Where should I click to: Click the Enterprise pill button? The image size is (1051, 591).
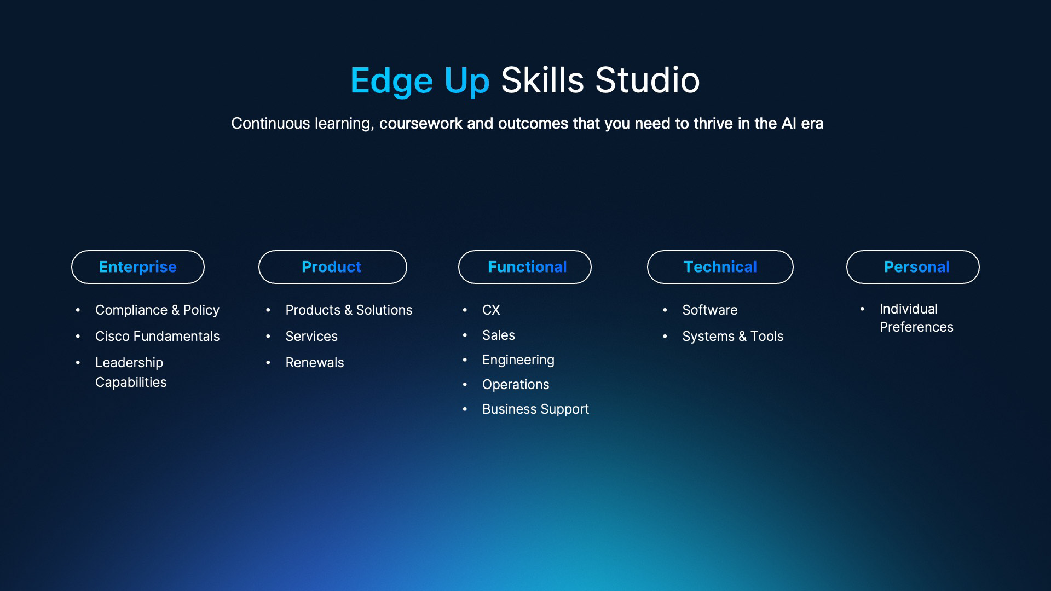tap(138, 267)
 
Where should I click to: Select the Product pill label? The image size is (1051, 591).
tap(333, 267)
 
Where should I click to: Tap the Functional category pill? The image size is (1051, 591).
tap(525, 267)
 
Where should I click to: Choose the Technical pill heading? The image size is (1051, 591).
tap(720, 267)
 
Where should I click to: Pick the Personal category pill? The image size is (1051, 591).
tap(913, 267)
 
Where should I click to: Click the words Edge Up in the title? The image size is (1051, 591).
tap(420, 81)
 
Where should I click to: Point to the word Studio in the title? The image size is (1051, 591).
tap(648, 80)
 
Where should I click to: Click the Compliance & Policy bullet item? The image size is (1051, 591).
tap(157, 310)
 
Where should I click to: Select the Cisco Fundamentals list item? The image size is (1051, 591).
tap(157, 336)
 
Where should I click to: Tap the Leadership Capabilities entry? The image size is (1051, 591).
tap(130, 372)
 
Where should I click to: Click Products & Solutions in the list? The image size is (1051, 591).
tap(349, 310)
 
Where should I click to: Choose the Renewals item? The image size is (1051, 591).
tap(315, 362)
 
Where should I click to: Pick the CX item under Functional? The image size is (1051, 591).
tap(491, 310)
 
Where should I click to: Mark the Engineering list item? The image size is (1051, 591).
tap(518, 360)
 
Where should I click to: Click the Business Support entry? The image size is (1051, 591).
tap(535, 409)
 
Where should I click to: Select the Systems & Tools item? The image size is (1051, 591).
tap(733, 336)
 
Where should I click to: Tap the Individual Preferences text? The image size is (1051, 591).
tap(916, 318)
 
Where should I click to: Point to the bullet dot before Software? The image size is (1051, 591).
tap(665, 310)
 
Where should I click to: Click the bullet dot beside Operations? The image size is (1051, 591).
tap(465, 385)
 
